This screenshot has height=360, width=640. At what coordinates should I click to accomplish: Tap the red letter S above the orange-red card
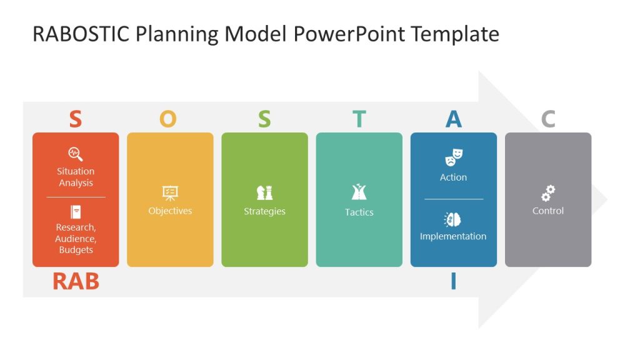[75, 119]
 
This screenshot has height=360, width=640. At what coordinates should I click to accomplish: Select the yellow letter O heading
[167, 119]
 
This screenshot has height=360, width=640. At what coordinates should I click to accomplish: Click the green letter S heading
[264, 119]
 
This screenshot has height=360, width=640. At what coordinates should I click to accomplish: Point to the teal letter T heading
[359, 119]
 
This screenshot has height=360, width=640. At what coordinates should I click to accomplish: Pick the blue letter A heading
[453, 119]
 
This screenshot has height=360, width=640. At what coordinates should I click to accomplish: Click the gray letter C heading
[548, 119]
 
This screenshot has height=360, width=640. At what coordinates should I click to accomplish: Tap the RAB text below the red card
[76, 282]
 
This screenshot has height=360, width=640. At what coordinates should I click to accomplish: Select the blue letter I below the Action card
[453, 282]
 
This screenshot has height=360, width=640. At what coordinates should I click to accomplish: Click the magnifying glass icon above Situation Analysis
[76, 154]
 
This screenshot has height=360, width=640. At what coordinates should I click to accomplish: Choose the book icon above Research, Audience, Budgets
[76, 212]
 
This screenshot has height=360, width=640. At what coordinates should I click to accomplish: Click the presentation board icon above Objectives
[170, 192]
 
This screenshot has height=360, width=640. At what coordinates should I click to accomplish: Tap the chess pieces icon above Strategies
[264, 192]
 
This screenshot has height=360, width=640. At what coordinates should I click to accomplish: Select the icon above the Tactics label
[359, 192]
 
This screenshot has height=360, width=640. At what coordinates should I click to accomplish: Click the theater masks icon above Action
[454, 157]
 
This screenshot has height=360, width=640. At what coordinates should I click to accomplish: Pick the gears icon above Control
[548, 192]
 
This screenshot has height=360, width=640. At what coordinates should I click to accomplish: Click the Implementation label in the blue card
[453, 236]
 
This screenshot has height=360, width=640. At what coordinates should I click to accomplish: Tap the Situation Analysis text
[76, 177]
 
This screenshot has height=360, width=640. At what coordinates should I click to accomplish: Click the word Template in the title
[454, 34]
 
